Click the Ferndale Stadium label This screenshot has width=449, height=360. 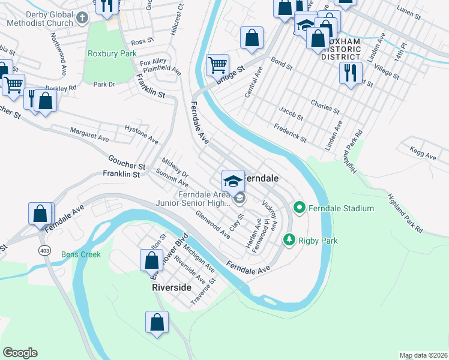[341, 208]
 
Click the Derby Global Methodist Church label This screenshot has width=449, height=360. [40, 19]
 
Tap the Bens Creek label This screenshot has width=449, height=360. [81, 254]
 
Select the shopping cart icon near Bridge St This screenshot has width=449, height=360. [217, 64]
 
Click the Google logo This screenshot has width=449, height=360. [20, 353]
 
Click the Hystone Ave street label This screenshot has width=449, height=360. [141, 133]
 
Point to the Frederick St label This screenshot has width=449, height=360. [290, 133]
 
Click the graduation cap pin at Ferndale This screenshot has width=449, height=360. [233, 181]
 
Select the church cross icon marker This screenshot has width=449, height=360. [82, 17]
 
